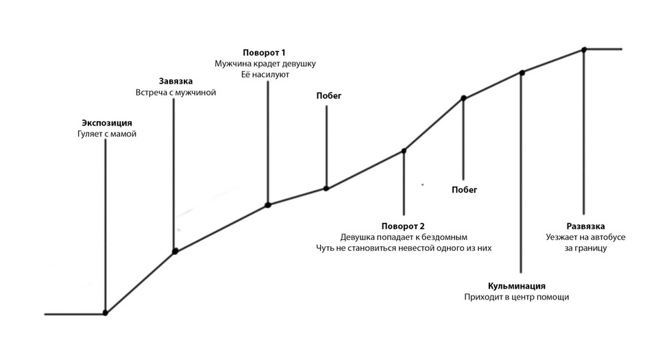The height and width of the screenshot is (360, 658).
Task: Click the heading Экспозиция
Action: [x=107, y=123]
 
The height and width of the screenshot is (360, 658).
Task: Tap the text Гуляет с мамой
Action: [x=107, y=134]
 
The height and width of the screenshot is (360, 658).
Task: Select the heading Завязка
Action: [x=175, y=82]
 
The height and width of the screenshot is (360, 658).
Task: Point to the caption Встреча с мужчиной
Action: [x=176, y=93]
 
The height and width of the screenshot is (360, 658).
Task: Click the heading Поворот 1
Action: [x=264, y=52]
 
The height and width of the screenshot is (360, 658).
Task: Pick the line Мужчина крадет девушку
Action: [x=265, y=64]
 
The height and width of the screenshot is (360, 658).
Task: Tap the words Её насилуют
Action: [x=265, y=75]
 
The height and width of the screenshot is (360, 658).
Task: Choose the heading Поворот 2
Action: [x=403, y=226]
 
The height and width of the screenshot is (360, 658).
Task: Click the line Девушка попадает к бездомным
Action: [x=404, y=237]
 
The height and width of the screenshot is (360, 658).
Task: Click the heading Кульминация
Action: [x=517, y=286]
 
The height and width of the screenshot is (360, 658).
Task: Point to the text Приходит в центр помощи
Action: [x=517, y=297]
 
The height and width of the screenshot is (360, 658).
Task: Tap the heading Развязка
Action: [x=585, y=226]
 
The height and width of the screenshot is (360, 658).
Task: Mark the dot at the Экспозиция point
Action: [x=105, y=313]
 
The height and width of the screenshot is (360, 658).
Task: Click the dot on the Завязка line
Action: [x=175, y=252]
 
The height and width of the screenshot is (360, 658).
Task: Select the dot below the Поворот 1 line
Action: [x=268, y=205]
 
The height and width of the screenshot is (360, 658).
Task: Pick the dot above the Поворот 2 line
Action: [x=404, y=151]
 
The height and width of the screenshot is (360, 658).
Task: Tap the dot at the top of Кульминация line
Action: [x=522, y=72]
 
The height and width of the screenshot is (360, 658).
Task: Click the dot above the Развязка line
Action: [x=583, y=49]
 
